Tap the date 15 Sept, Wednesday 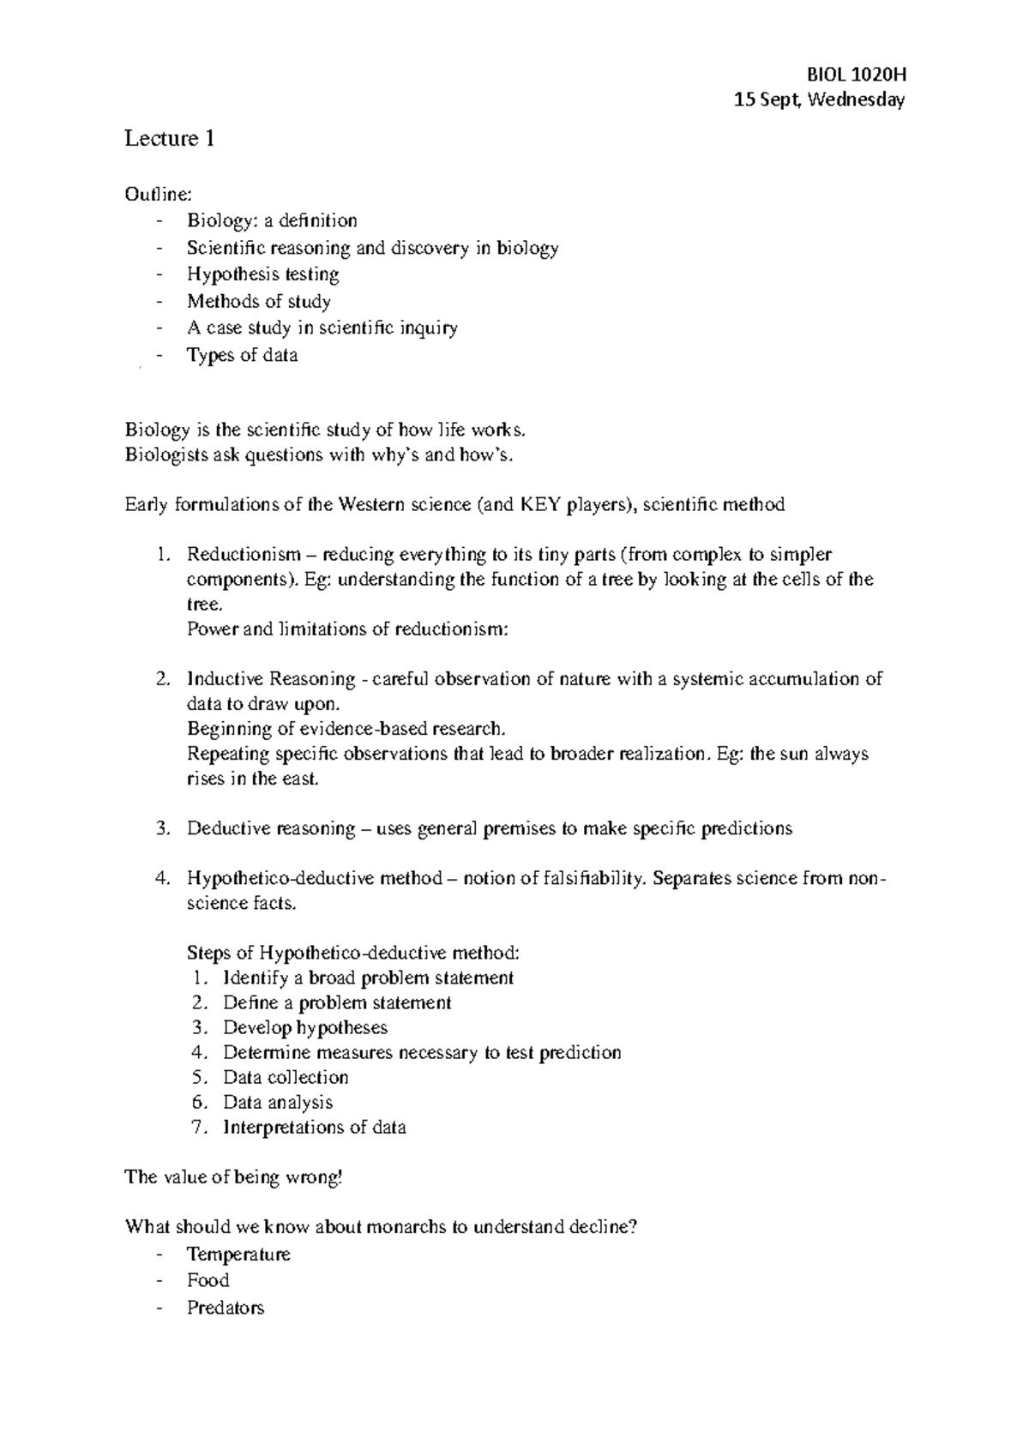[x=820, y=100]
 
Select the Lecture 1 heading [x=169, y=138]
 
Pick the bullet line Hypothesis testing [x=263, y=274]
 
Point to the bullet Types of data [x=243, y=355]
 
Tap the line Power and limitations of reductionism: [x=347, y=629]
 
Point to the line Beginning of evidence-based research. [x=346, y=729]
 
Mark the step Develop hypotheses [x=305, y=1027]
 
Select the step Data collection [x=286, y=1077]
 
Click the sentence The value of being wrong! [x=233, y=1176]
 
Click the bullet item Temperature [x=239, y=1254]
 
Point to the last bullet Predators [x=226, y=1308]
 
